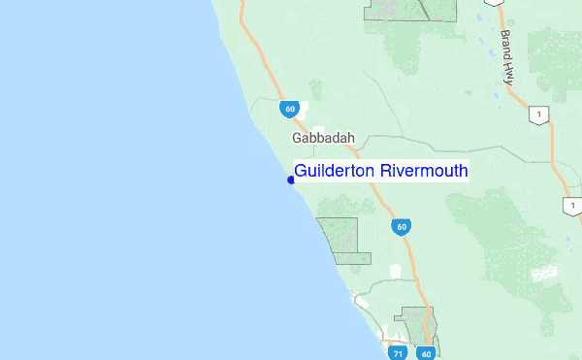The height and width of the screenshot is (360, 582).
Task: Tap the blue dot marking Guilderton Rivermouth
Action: [290, 180]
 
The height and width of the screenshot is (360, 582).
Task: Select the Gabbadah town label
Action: [324, 139]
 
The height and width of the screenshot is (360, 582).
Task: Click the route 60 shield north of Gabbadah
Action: [290, 109]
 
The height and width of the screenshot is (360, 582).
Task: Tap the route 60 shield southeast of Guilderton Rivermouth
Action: [401, 227]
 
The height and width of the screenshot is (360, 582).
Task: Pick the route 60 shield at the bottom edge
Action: [427, 353]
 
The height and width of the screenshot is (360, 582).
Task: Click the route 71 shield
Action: [398, 353]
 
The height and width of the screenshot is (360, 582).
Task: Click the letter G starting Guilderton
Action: [301, 172]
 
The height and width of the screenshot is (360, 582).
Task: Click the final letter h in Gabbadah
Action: [350, 139]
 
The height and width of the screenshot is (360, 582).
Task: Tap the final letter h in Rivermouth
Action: [464, 172]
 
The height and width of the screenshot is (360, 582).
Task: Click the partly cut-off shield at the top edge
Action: [495, 2]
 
